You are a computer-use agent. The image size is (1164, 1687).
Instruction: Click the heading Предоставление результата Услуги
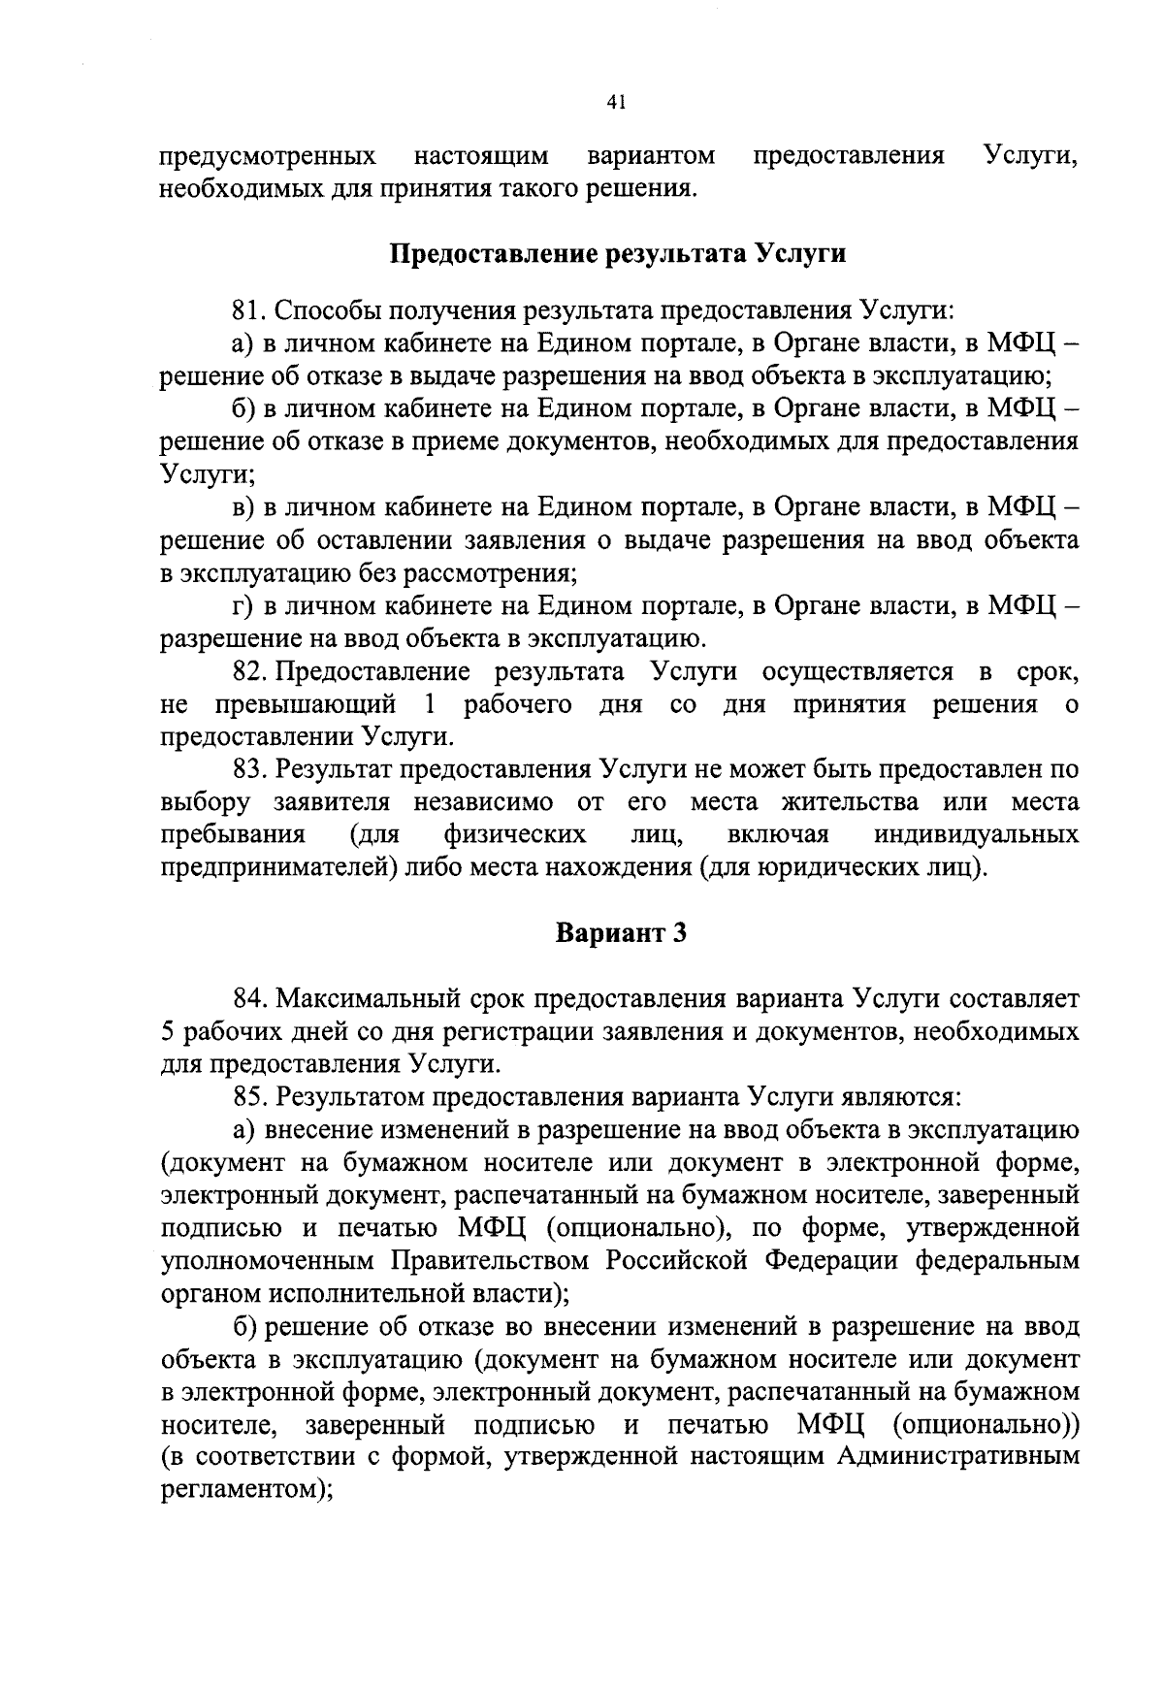(x=618, y=254)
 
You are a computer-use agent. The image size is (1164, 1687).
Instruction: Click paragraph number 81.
(x=250, y=311)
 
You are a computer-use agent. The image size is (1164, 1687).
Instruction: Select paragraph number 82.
(x=250, y=672)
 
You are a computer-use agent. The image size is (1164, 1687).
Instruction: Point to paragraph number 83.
(x=250, y=770)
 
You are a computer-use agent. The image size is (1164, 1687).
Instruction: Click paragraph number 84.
(x=250, y=998)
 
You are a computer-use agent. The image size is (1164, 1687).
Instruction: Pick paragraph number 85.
(x=250, y=1097)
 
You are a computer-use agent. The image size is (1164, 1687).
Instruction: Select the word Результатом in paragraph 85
(x=353, y=1097)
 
